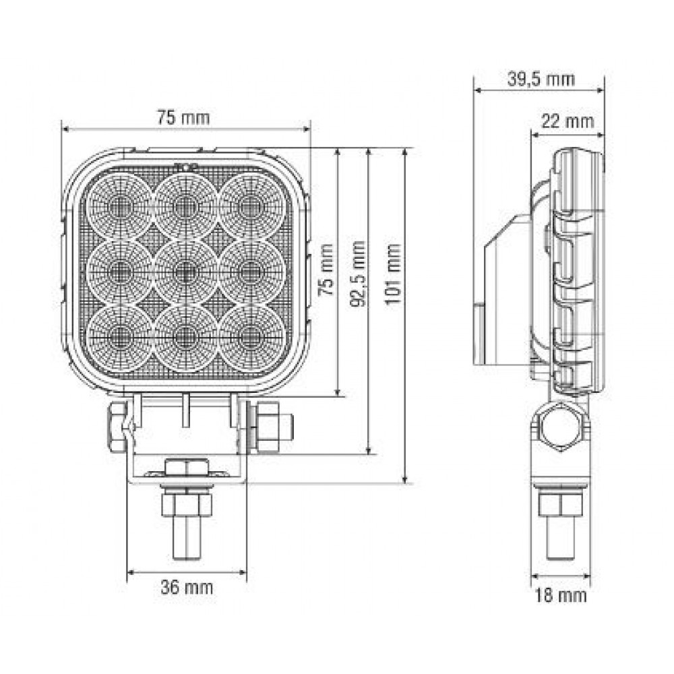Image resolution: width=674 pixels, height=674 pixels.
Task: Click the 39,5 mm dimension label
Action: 540,80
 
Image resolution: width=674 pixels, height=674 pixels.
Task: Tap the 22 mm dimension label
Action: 568,121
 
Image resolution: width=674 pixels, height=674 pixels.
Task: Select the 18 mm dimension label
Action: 560,595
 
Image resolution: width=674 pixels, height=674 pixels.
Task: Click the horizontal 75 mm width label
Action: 183,117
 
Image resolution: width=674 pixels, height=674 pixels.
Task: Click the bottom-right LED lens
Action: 249,335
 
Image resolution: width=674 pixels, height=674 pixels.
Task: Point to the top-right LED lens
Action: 249,206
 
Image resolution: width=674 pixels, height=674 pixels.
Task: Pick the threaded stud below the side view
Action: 559,536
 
